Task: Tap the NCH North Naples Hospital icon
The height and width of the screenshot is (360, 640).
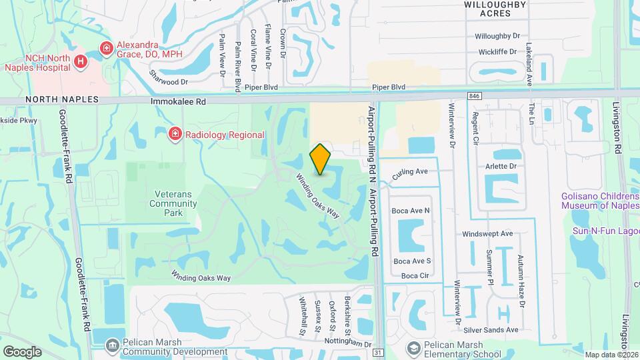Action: pyautogui.click(x=81, y=61)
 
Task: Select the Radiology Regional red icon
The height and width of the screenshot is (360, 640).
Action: pyautogui.click(x=175, y=135)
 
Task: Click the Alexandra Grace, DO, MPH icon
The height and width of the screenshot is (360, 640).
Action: pyautogui.click(x=105, y=47)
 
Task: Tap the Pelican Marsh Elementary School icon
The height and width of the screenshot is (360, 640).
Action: pyautogui.click(x=414, y=349)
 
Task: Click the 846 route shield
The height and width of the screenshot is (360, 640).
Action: pyautogui.click(x=474, y=96)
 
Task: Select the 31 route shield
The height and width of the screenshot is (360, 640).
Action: pyautogui.click(x=379, y=352)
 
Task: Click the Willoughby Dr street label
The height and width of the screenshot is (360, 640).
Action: pyautogui.click(x=497, y=37)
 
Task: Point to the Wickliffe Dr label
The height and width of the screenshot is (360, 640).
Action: pyautogui.click(x=497, y=51)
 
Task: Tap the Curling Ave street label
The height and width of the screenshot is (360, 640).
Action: pyautogui.click(x=410, y=173)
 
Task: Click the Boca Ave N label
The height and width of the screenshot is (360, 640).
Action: pyautogui.click(x=411, y=211)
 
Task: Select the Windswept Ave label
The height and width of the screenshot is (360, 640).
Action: pyautogui.click(x=487, y=234)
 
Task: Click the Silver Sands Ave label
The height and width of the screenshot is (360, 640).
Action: pyautogui.click(x=492, y=330)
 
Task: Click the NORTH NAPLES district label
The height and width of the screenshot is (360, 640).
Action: pyautogui.click(x=62, y=99)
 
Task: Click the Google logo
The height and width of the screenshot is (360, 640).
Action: pyautogui.click(x=22, y=351)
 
